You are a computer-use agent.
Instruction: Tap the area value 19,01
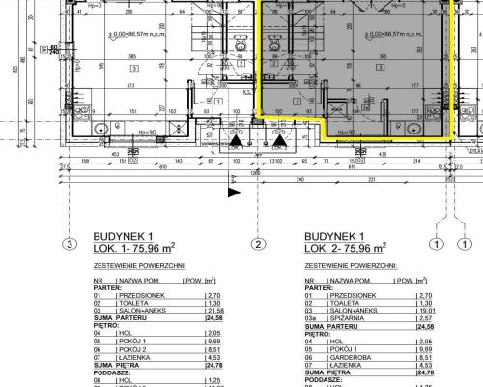pyautogui.click(x=425, y=309)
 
